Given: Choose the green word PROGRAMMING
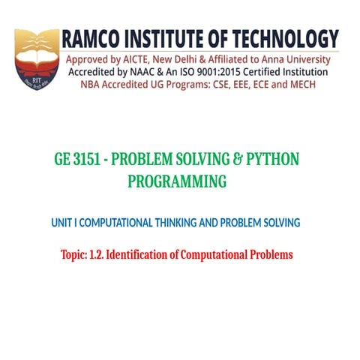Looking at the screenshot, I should [x=177, y=181].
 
